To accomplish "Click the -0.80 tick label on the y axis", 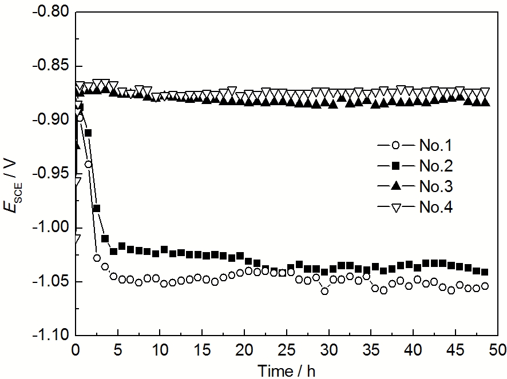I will [52, 12].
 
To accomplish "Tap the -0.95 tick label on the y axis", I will [52, 174].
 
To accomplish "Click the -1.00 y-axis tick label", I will [52, 228].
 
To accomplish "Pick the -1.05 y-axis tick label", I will [52, 281].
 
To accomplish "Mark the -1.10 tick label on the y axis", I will [52, 335].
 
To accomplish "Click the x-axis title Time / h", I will [286, 370].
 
